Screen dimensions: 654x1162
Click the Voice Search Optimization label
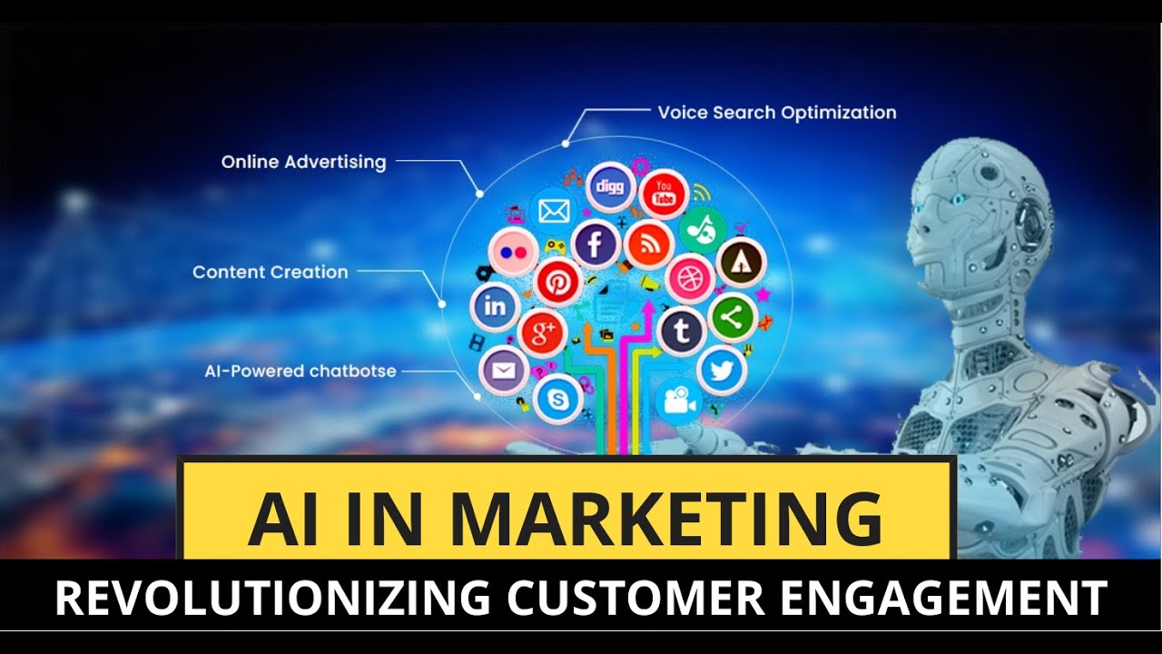coord(776,113)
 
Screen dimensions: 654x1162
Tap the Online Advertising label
coord(303,163)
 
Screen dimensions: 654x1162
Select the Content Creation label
coord(270,272)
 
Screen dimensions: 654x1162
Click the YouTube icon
coord(664,193)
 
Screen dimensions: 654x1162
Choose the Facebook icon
coord(596,243)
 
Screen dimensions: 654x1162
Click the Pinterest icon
coord(557,282)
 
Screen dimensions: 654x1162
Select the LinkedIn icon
coord(495,307)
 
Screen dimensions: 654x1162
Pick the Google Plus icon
coord(543,333)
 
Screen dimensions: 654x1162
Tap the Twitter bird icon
coord(722,370)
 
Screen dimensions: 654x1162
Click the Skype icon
coord(557,400)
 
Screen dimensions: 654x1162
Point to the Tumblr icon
coord(682,332)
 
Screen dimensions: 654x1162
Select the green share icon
coord(732,316)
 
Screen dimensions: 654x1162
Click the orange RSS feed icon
coord(649,243)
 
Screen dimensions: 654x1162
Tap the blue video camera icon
coord(678,401)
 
